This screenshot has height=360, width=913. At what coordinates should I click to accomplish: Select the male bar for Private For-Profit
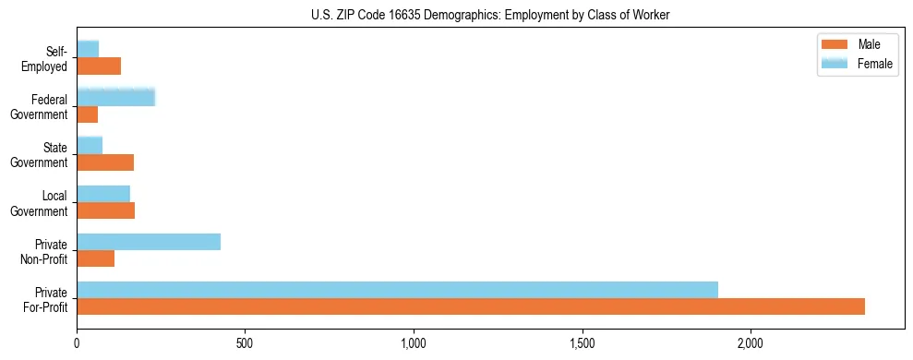(471, 306)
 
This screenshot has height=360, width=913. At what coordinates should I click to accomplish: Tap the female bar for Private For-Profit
(397, 289)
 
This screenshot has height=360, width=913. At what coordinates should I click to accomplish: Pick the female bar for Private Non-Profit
(149, 242)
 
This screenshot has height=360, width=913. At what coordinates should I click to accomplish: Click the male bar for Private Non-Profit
(95, 258)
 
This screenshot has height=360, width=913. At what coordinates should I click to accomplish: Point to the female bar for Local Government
(103, 193)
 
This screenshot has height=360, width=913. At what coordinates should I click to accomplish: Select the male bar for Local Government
(105, 210)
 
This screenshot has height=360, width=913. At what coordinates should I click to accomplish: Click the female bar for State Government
(90, 145)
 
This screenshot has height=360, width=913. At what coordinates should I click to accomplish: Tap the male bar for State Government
(105, 162)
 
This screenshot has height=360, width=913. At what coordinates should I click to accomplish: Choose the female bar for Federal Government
(115, 97)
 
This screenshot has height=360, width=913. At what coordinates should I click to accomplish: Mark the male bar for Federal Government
(87, 114)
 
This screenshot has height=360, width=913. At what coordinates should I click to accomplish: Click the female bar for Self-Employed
(88, 49)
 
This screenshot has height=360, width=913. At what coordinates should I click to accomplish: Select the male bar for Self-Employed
(99, 66)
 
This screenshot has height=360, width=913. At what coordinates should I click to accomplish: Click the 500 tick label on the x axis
(245, 342)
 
